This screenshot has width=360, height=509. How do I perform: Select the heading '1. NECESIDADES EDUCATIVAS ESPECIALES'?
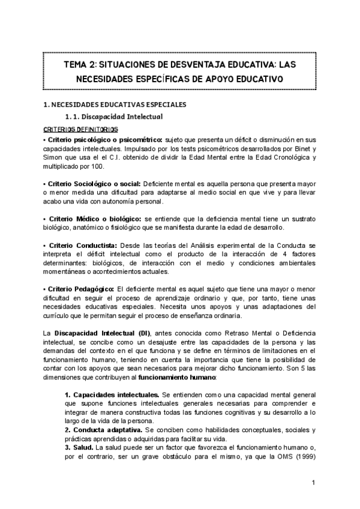115,104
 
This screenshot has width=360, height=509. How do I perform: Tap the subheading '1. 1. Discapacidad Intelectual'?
113,116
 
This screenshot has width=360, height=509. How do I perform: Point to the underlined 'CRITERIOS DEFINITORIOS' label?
80,129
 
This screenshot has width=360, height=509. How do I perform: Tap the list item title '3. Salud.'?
78,448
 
